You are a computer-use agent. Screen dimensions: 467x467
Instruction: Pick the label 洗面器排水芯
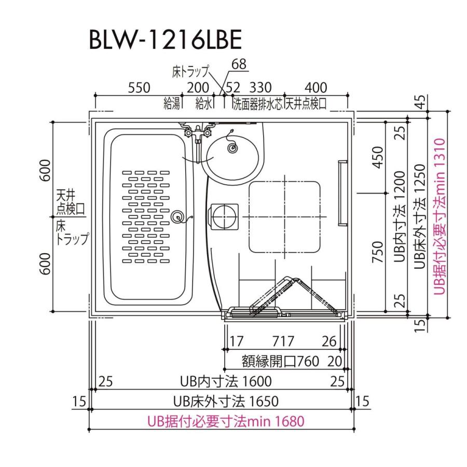pos(257,104)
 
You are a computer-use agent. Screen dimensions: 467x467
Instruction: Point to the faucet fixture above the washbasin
pos(198,131)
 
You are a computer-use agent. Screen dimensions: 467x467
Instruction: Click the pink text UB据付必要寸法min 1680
pos(225,421)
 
